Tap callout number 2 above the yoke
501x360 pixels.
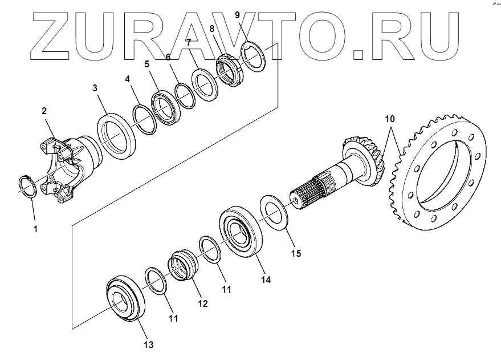(x=43, y=112)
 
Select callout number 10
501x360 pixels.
(x=389, y=119)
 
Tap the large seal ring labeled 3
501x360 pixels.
(x=116, y=136)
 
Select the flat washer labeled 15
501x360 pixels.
(x=273, y=213)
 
